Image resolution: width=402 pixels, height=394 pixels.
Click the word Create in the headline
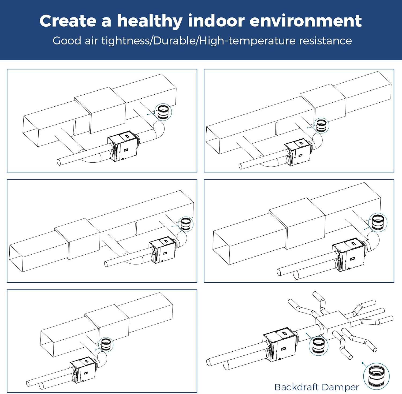pos(68,21)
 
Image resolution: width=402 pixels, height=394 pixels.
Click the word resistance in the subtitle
pos(325,41)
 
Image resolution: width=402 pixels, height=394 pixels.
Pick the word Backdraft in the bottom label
pos(297,387)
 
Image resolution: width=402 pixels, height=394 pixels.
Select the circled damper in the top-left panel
pos(163,112)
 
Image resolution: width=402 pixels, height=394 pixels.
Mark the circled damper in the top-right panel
pos(321,125)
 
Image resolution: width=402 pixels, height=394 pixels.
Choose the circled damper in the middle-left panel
pos(186,224)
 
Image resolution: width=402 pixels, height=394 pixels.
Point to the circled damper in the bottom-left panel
pos(106,344)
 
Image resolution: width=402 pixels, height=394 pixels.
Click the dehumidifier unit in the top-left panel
pos(123,146)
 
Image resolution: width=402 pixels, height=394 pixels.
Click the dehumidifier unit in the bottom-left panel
pos(83,369)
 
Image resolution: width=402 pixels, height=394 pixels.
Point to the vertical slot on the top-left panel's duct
pos(75,127)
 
